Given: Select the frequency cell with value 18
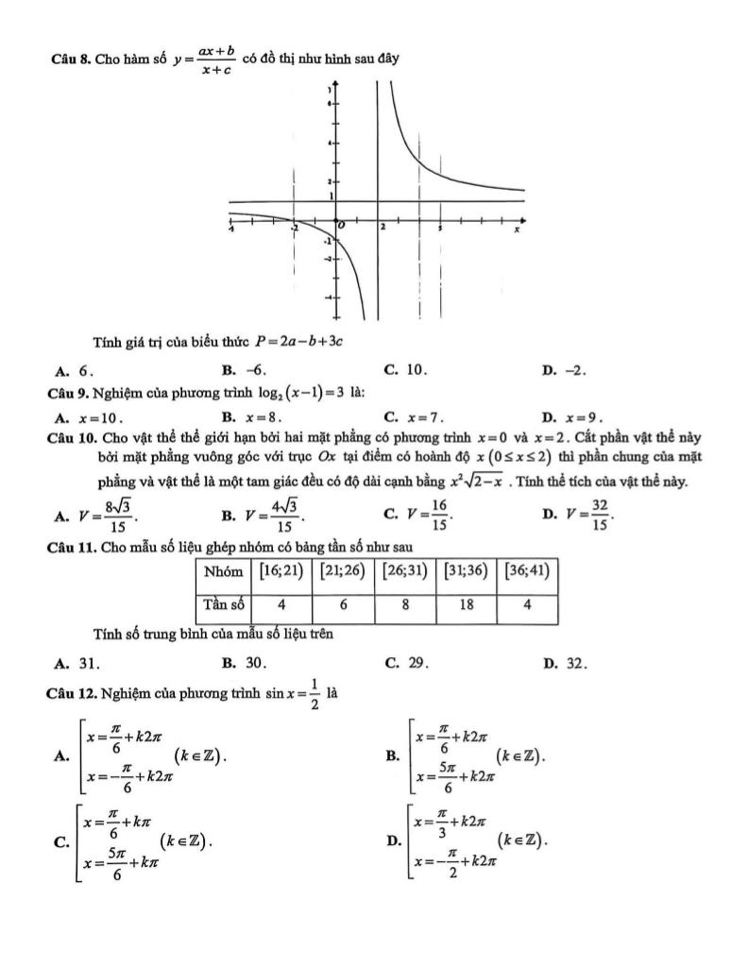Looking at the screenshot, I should coord(467,604).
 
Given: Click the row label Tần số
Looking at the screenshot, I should coord(221,604).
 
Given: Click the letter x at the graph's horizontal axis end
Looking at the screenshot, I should coord(517,229).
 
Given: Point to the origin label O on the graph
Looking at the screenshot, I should coord(343,228).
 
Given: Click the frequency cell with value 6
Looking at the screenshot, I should coord(343,604).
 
